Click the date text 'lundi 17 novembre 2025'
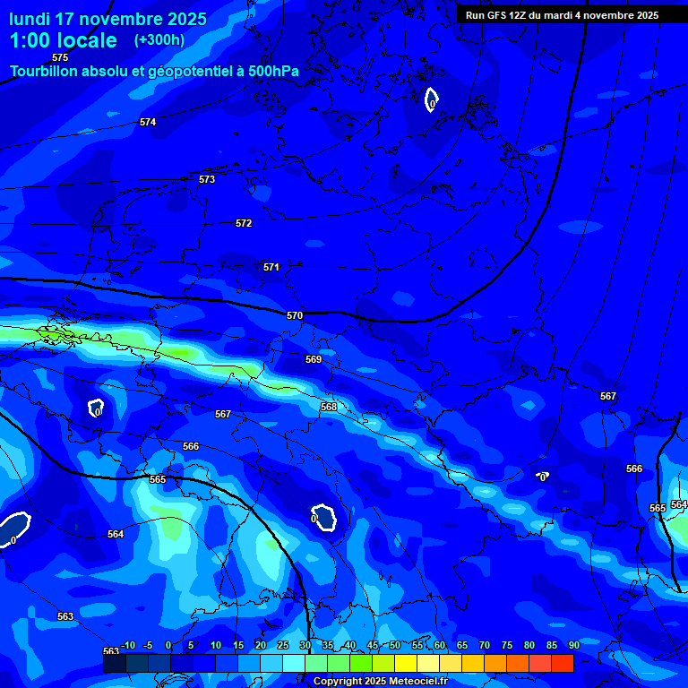(107, 19)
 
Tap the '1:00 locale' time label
(63, 40)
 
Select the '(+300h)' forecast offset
(159, 40)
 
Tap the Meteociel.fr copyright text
(380, 682)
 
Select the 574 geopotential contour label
(148, 122)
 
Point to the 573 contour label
(207, 179)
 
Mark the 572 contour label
(244, 223)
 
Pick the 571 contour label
(271, 267)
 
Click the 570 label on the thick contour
(295, 315)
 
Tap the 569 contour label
(314, 359)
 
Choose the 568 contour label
(329, 407)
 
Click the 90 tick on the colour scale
(573, 645)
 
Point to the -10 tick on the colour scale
(128, 645)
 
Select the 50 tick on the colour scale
(395, 645)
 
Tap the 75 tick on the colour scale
(507, 645)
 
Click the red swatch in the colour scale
(562, 664)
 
